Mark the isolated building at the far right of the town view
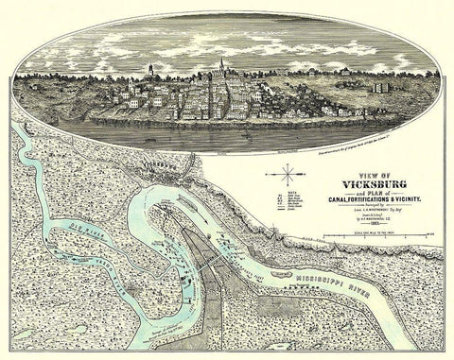pyautogui.click(x=378, y=87)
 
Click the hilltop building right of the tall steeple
pyautogui.click(x=253, y=77)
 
